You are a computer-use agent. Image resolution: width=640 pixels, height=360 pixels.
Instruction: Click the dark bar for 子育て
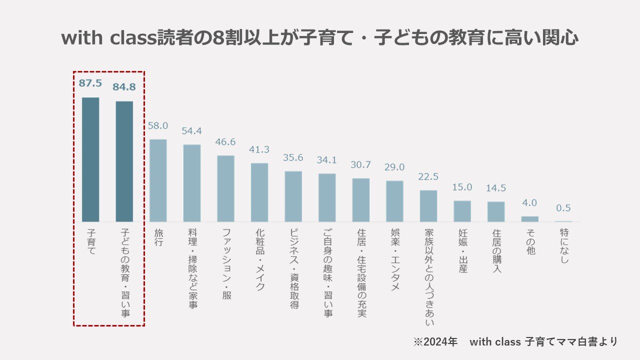pyautogui.click(x=90, y=159)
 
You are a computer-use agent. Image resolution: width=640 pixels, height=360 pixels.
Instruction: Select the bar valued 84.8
pyautogui.click(x=124, y=161)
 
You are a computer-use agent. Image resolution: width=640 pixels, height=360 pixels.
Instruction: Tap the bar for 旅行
pyautogui.click(x=158, y=180)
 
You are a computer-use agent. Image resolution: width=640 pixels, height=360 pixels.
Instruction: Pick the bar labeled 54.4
pyautogui.click(x=192, y=183)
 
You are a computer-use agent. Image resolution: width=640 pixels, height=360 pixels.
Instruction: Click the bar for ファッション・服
pyautogui.click(x=225, y=188)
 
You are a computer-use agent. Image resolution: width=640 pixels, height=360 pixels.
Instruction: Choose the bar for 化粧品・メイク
pyautogui.click(x=259, y=192)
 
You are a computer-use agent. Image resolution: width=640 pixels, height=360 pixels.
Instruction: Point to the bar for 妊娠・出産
pyautogui.click(x=462, y=211)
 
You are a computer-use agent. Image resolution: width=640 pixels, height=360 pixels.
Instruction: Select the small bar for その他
pyautogui.click(x=530, y=219)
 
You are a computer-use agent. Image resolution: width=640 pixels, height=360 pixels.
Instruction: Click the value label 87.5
pyautogui.click(x=90, y=83)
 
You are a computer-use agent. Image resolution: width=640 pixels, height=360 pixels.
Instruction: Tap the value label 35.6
pyautogui.click(x=293, y=157)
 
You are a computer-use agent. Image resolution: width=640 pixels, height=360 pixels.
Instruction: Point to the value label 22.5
pyautogui.click(x=428, y=176)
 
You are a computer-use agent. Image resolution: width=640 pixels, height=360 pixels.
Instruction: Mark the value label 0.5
pyautogui.click(x=563, y=208)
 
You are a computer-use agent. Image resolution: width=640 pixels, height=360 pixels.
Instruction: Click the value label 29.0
pyautogui.click(x=394, y=167)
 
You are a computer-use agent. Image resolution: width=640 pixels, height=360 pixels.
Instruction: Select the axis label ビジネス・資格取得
pyautogui.click(x=293, y=269)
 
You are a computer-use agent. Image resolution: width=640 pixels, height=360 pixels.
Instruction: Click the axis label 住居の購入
pyautogui.click(x=496, y=251)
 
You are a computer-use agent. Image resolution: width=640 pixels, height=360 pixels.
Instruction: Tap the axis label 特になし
pyautogui.click(x=564, y=246)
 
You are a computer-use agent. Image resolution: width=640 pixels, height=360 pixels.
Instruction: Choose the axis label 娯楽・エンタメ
pyautogui.click(x=395, y=260)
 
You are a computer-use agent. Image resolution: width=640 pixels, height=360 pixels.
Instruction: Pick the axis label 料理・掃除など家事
pyautogui.click(x=192, y=268)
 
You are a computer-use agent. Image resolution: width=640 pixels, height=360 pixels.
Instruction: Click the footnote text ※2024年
pyautogui.click(x=435, y=342)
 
